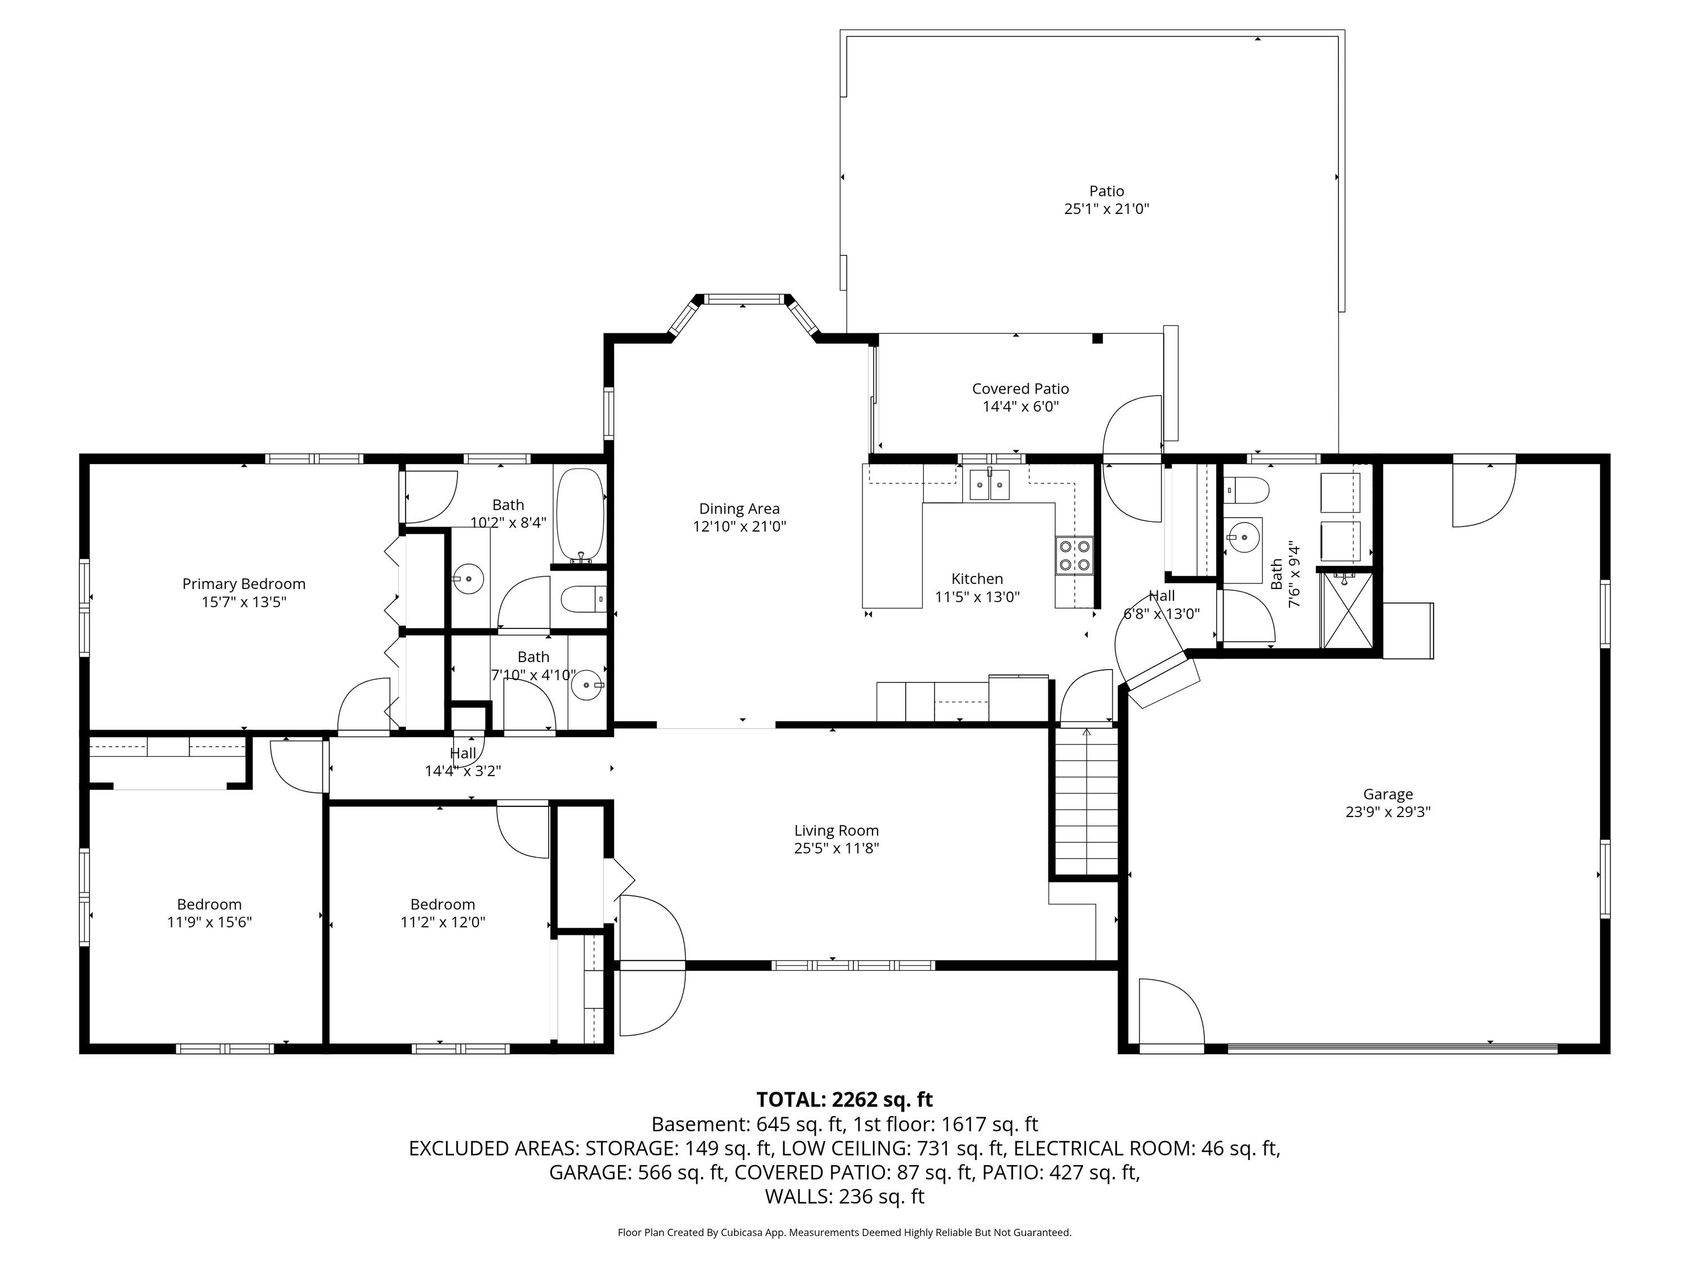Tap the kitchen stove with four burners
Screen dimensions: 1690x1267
click(1074, 555)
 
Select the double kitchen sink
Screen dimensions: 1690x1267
click(989, 485)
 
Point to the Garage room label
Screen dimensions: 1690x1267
click(1388, 794)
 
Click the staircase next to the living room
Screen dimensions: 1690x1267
click(1086, 801)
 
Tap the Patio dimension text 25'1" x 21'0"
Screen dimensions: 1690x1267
click(1106, 208)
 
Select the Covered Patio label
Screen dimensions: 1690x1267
click(1021, 389)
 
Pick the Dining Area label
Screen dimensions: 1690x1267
click(740, 508)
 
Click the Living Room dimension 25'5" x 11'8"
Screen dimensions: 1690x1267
click(837, 847)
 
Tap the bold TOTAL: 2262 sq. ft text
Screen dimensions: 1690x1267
click(844, 1100)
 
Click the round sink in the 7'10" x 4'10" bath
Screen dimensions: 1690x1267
click(587, 685)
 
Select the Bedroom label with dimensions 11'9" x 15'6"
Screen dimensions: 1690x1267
click(210, 905)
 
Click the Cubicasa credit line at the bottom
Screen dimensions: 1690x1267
click(844, 1232)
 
